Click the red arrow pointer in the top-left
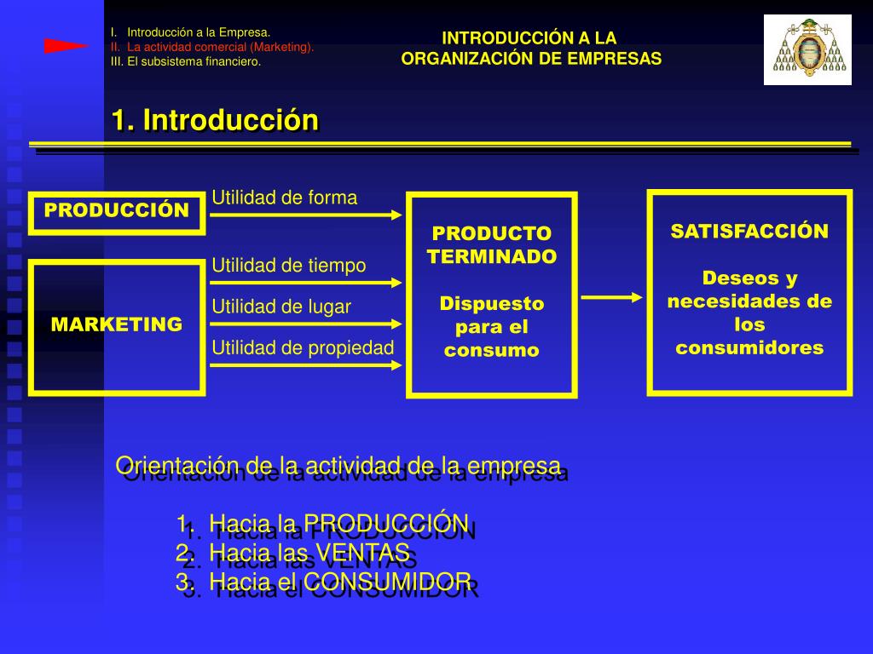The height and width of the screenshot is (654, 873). (x=66, y=46)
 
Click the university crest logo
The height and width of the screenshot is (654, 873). (x=807, y=49)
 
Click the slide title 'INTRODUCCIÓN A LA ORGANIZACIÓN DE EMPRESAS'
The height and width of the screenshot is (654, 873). (x=531, y=49)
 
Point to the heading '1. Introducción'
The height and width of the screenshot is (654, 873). (x=215, y=120)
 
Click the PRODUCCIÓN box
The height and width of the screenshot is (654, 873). (x=117, y=211)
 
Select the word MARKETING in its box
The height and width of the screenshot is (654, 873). (x=117, y=324)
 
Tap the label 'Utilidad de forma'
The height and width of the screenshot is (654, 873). (x=284, y=198)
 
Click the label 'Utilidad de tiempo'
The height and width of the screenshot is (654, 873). (x=288, y=265)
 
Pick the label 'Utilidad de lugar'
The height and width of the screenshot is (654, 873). (x=281, y=307)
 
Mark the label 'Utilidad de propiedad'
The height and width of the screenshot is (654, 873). (x=303, y=347)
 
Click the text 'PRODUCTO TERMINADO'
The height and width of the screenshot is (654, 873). (x=492, y=245)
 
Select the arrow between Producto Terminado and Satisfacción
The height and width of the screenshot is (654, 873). (x=611, y=297)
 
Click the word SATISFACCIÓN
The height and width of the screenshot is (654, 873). (x=749, y=232)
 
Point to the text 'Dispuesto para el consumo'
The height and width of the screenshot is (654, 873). (x=492, y=327)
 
